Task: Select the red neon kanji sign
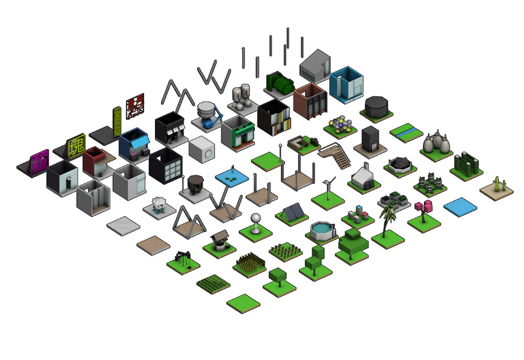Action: tap(135, 107)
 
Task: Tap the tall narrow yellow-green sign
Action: tap(117, 121)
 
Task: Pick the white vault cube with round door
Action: tap(201, 151)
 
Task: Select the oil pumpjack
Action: tap(183, 257)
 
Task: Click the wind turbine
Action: tap(328, 188)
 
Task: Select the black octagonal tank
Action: tap(376, 106)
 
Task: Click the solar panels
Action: tap(292, 212)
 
